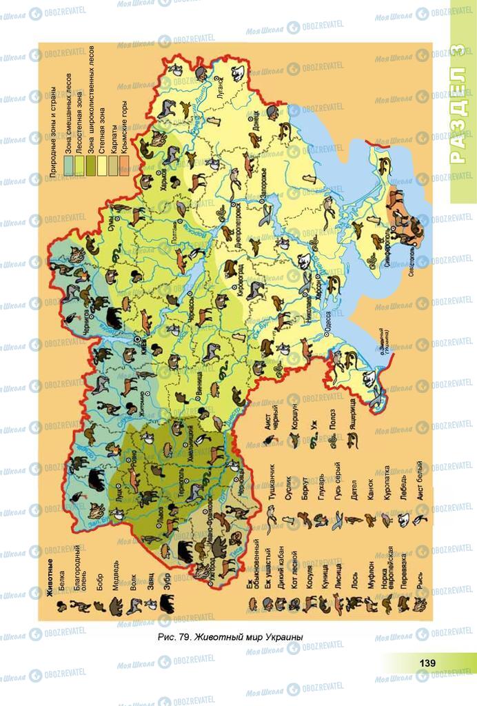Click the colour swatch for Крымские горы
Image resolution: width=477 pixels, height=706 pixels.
pyautogui.click(x=124, y=164)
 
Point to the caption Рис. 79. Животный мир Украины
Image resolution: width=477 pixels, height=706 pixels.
pyautogui.click(x=230, y=636)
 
